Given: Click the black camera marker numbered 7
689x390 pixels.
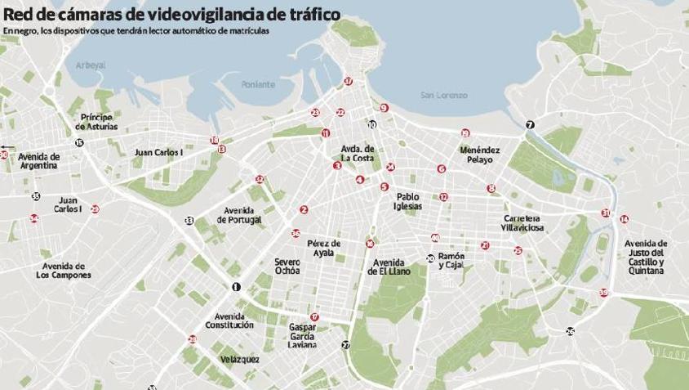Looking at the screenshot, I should [x=530, y=124].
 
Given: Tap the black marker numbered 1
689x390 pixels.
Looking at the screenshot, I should [x=237, y=286].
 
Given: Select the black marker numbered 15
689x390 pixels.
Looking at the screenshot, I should [x=79, y=142].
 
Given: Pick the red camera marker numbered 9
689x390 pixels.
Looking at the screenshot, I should [x=384, y=107].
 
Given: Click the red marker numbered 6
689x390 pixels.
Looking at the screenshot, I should [x=442, y=168].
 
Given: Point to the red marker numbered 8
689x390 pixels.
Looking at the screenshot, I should [x=491, y=188].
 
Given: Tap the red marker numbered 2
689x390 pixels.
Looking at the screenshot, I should [x=304, y=209].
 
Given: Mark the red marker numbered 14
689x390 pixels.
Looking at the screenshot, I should [x=625, y=218].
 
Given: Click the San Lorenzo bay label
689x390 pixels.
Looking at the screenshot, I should [x=444, y=96].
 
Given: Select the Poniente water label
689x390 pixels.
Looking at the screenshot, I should [x=259, y=84].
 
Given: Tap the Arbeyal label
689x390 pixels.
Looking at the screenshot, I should [x=90, y=65].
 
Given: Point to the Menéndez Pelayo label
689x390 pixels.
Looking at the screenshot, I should [x=477, y=155].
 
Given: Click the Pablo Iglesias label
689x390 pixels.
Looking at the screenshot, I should [x=408, y=201].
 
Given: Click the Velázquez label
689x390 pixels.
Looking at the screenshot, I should [x=240, y=359].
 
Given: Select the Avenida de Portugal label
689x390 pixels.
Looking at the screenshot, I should [x=240, y=215].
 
